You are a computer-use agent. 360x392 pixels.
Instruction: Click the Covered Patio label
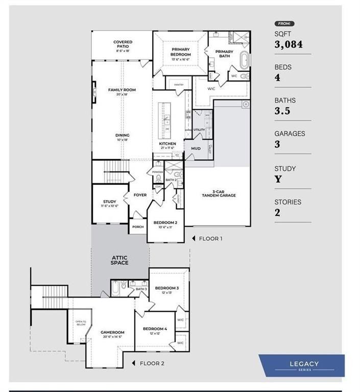pyautogui.click(x=123, y=44)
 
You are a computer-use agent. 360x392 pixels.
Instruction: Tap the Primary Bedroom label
pyautogui.click(x=181, y=52)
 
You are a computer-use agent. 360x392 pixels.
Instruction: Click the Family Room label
pyautogui.click(x=122, y=90)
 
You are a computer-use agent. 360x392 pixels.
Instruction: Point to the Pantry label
pyautogui.click(x=179, y=85)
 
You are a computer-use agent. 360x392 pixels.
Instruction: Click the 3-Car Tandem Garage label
pyautogui.click(x=217, y=192)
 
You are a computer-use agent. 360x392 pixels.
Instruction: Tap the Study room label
pyautogui.click(x=109, y=202)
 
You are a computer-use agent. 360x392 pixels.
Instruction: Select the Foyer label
pyautogui.click(x=140, y=195)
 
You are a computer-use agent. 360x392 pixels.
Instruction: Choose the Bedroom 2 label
pyautogui.click(x=165, y=223)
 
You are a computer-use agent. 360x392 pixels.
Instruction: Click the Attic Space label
pyautogui.click(x=119, y=260)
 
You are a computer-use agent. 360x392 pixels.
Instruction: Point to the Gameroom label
pyautogui.click(x=112, y=332)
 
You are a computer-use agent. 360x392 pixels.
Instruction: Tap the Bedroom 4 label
pyautogui.click(x=155, y=329)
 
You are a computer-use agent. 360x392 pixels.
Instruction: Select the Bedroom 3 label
pyautogui.click(x=167, y=288)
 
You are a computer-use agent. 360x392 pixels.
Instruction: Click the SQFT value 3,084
pyautogui.click(x=289, y=45)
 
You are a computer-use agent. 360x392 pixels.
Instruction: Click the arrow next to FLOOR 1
pyautogui.click(x=194, y=238)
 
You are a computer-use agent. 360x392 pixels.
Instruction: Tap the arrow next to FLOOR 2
pyautogui.click(x=134, y=363)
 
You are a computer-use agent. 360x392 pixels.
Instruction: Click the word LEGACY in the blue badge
pyautogui.click(x=304, y=363)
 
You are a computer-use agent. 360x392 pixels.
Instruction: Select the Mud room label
pyautogui.click(x=196, y=149)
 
